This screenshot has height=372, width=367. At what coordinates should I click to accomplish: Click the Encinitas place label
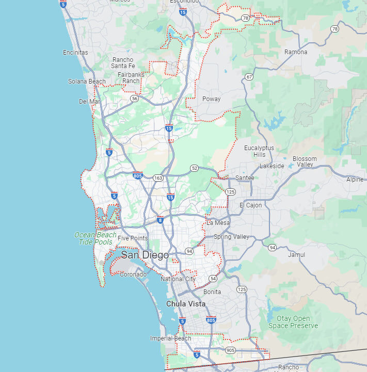coord(75,53)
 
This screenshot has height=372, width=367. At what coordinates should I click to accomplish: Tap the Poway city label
coord(211,99)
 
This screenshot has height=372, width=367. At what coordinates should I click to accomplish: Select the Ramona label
coord(296,52)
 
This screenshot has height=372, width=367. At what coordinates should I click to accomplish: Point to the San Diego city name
coord(145,255)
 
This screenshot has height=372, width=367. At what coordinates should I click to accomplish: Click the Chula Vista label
coord(186,304)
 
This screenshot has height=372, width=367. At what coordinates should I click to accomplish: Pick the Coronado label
coord(133,274)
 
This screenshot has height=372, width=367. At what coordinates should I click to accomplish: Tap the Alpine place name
coord(355,180)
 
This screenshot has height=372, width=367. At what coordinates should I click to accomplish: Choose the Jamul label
coord(297,255)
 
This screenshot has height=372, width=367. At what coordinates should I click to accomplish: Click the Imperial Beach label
coord(170,338)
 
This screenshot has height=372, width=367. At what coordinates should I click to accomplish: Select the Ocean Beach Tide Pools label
coord(96,238)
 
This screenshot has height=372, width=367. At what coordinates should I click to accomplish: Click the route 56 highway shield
coord(134,98)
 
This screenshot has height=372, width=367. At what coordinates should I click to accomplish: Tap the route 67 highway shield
coord(249,77)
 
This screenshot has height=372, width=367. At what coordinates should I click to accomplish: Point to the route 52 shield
coord(194,168)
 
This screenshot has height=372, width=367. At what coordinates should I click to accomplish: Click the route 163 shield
coord(157,178)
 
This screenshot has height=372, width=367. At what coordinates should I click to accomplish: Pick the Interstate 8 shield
coord(160,220)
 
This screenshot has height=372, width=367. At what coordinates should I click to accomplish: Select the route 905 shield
coord(230,350)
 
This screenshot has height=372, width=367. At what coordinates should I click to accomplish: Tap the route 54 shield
coord(213,279)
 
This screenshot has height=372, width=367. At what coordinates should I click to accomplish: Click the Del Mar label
coord(89,102)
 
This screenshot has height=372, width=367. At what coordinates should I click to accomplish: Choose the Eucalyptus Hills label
coord(259,151)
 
